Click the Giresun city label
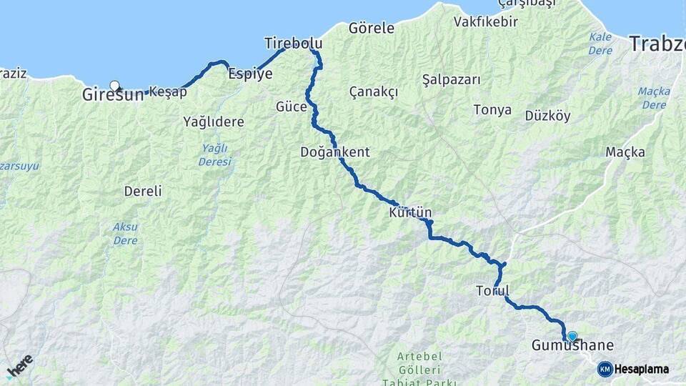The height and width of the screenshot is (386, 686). pyautogui.click(x=112, y=94)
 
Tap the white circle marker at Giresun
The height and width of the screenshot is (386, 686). pyautogui.click(x=114, y=86)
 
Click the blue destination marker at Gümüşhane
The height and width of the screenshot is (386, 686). pyautogui.click(x=572, y=335)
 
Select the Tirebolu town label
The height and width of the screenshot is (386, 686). pyautogui.click(x=293, y=43)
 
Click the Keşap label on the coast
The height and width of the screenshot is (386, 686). pyautogui.click(x=168, y=92)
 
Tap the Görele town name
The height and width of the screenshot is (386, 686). pyautogui.click(x=371, y=29)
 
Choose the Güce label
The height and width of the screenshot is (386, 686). pyautogui.click(x=291, y=107)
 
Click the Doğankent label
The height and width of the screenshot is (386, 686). pyautogui.click(x=334, y=152)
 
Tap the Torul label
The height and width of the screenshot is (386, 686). pyautogui.click(x=492, y=291)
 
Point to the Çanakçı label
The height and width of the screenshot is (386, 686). pyautogui.click(x=373, y=92)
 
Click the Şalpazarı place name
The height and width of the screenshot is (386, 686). pyautogui.click(x=451, y=79)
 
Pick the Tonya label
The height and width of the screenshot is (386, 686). pyautogui.click(x=492, y=110)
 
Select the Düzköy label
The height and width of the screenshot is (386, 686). pyautogui.click(x=547, y=116)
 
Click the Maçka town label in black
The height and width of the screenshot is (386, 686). pyautogui.click(x=625, y=152)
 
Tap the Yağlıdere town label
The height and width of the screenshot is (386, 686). pyautogui.click(x=213, y=122)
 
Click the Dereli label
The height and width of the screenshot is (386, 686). pyautogui.click(x=143, y=192)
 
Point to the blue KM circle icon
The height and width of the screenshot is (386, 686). pyautogui.click(x=605, y=369)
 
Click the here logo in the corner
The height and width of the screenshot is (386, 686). pyautogui.click(x=19, y=366)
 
